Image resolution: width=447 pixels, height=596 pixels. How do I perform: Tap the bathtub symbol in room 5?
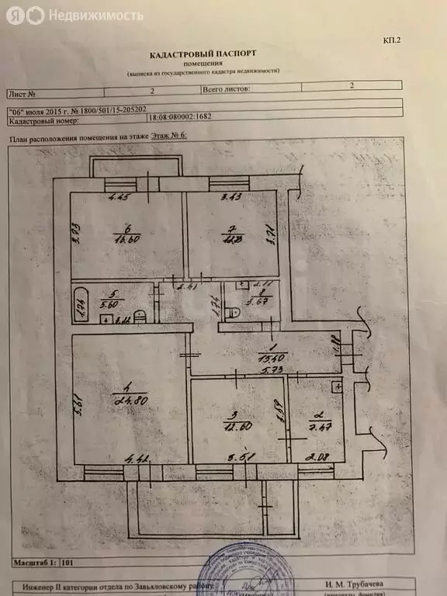[81, 304]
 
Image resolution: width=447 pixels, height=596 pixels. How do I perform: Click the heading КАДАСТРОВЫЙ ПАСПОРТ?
[203, 54]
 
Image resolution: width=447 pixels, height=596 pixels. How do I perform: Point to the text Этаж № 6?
[168, 137]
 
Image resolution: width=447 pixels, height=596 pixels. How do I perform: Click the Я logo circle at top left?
[16, 16]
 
